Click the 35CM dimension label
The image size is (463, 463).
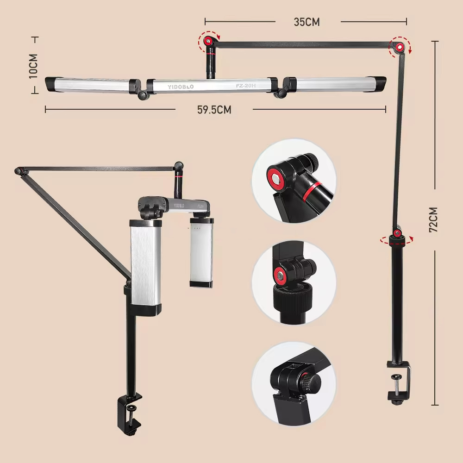click(307, 22)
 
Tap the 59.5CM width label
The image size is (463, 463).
click(214, 110)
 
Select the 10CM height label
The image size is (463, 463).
click(34, 66)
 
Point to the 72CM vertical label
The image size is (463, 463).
click(434, 219)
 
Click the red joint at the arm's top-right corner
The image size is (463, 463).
click(399, 46)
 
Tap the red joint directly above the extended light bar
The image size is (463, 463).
click(209, 42)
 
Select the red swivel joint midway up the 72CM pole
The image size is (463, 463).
click(397, 233)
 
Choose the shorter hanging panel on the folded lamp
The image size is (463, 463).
click(201, 253)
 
